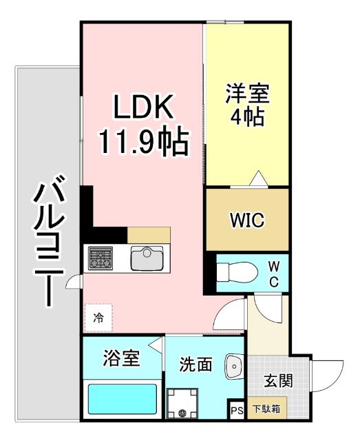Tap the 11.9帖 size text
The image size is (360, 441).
143,143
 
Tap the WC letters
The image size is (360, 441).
273,274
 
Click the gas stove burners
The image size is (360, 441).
103,259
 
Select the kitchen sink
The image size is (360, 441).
147,258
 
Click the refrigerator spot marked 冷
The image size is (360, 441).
98,318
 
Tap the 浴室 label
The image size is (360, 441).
122,358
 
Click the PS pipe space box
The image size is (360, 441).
237,411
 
